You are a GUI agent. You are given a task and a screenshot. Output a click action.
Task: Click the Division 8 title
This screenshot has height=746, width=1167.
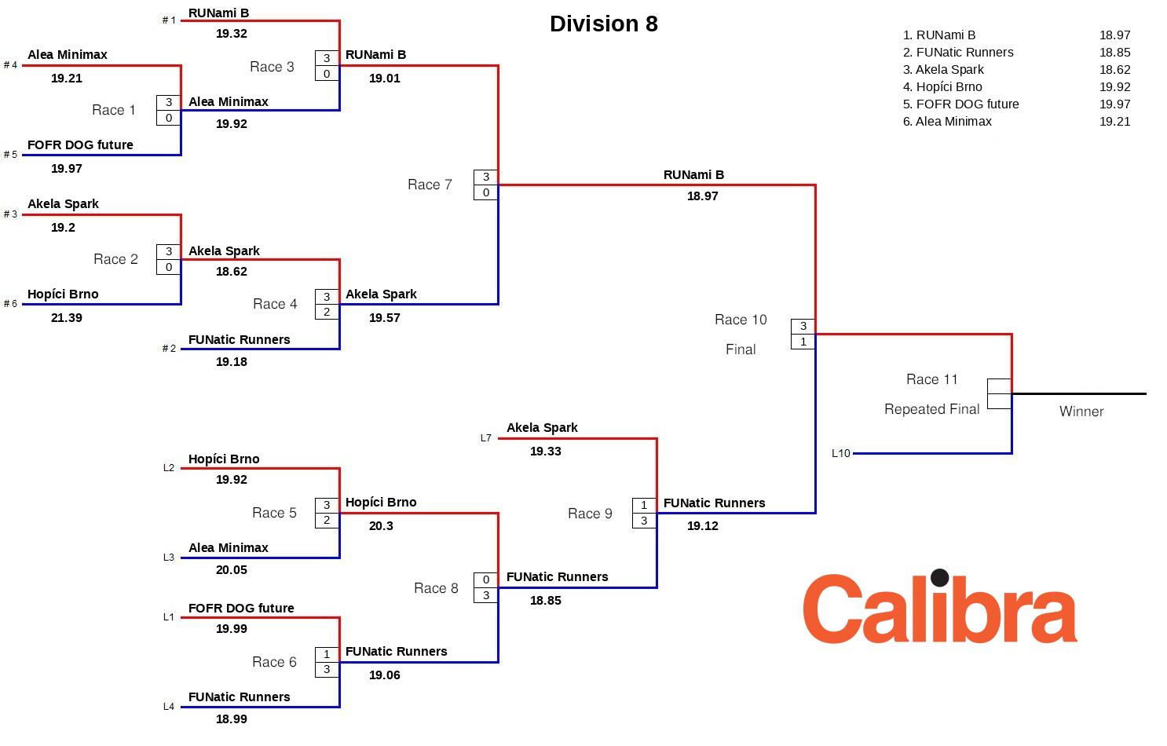point(603,24)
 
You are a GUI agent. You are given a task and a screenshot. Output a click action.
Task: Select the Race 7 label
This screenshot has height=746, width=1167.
point(430,185)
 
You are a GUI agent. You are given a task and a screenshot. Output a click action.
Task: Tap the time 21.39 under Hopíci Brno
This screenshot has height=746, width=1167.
point(67,318)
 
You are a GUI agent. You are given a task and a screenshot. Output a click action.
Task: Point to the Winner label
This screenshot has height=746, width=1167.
point(1081,411)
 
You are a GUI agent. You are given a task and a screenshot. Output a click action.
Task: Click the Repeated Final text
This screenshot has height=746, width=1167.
point(931,409)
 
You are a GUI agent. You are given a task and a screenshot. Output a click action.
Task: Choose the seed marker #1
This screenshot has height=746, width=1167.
point(169,20)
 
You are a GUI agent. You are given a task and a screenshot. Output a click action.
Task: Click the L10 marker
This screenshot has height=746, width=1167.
point(840,453)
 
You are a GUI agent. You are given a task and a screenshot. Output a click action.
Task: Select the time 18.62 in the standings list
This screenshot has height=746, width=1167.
point(1114,70)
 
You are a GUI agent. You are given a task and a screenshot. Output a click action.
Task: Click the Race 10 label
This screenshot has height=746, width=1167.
point(741,320)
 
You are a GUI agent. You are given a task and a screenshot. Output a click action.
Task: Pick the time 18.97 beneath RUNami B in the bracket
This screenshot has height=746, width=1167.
point(703,196)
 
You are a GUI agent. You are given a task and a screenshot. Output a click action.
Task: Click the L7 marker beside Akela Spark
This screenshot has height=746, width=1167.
point(485,438)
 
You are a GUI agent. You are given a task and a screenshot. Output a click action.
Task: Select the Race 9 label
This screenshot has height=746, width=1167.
point(590,514)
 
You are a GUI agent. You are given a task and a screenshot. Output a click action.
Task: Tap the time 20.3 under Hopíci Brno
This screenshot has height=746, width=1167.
point(381,526)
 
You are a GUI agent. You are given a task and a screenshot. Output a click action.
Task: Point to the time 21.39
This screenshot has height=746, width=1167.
point(67,318)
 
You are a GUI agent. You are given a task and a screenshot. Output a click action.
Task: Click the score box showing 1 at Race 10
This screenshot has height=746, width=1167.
point(803,342)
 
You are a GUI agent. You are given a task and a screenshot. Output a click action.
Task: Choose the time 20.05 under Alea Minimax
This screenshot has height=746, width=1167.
point(232,570)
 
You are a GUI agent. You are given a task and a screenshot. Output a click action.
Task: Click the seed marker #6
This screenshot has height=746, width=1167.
point(10,304)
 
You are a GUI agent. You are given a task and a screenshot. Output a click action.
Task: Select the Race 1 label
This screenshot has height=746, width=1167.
point(114,110)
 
